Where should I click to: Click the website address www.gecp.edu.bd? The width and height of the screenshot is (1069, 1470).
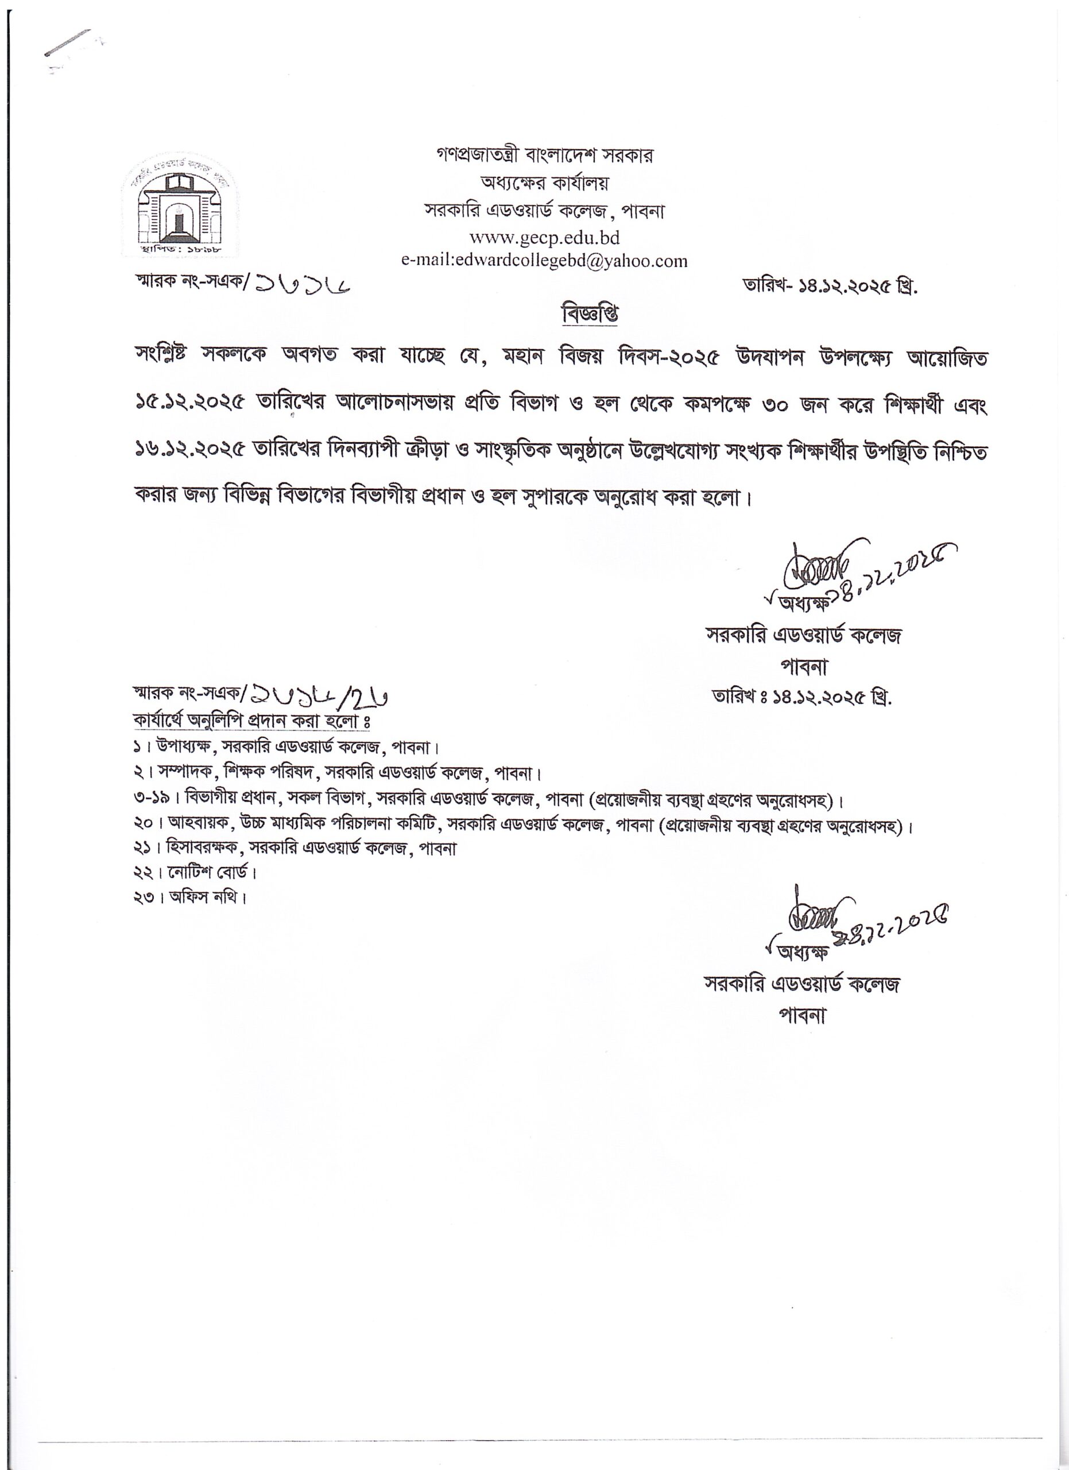click(545, 237)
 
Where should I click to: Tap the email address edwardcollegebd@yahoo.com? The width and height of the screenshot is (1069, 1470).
click(544, 261)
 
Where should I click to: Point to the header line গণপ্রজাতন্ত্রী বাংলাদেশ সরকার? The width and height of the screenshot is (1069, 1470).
click(545, 156)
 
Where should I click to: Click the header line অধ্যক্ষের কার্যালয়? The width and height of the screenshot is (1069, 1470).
click(544, 183)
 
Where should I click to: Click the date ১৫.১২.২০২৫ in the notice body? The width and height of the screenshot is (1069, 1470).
click(195, 407)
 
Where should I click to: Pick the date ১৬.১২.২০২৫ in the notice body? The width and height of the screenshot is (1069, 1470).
click(195, 452)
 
